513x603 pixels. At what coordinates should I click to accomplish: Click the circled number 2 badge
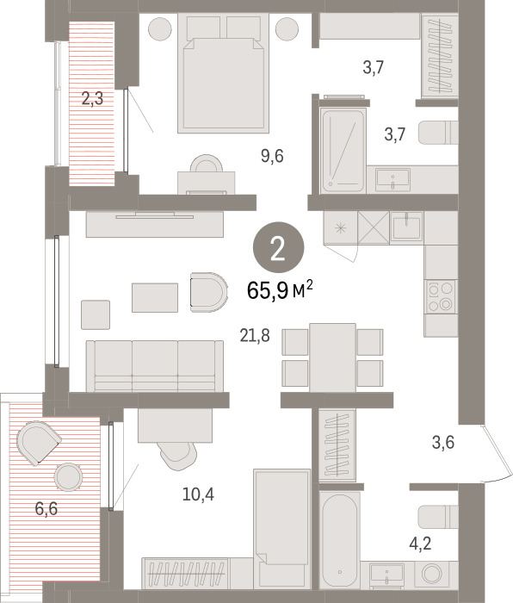pyautogui.click(x=278, y=248)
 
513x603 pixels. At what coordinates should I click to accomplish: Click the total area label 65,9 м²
pyautogui.click(x=280, y=290)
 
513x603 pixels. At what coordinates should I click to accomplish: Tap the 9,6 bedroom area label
pyautogui.click(x=272, y=156)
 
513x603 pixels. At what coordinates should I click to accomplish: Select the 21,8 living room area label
pyautogui.click(x=255, y=336)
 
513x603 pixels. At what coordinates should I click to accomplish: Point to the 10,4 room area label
pyautogui.click(x=198, y=494)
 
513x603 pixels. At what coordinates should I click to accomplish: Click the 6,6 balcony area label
pyautogui.click(x=46, y=509)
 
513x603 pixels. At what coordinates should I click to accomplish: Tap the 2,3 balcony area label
pyautogui.click(x=93, y=98)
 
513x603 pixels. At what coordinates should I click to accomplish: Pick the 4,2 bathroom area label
pyautogui.click(x=420, y=544)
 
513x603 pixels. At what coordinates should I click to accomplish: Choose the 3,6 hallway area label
pyautogui.click(x=443, y=442)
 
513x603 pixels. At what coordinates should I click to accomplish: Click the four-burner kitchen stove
pyautogui.click(x=441, y=296)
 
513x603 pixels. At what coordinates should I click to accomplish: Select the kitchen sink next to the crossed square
pyautogui.click(x=406, y=227)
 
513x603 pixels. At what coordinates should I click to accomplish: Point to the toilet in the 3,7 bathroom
pyautogui.click(x=438, y=133)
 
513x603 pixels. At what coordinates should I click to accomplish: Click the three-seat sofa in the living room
pyautogui.click(x=155, y=366)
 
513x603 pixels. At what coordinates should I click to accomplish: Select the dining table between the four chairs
pyautogui.click(x=332, y=357)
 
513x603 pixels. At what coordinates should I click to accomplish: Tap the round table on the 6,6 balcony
pyautogui.click(x=68, y=477)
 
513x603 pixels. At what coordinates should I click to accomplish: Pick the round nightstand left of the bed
pyautogui.click(x=160, y=28)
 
